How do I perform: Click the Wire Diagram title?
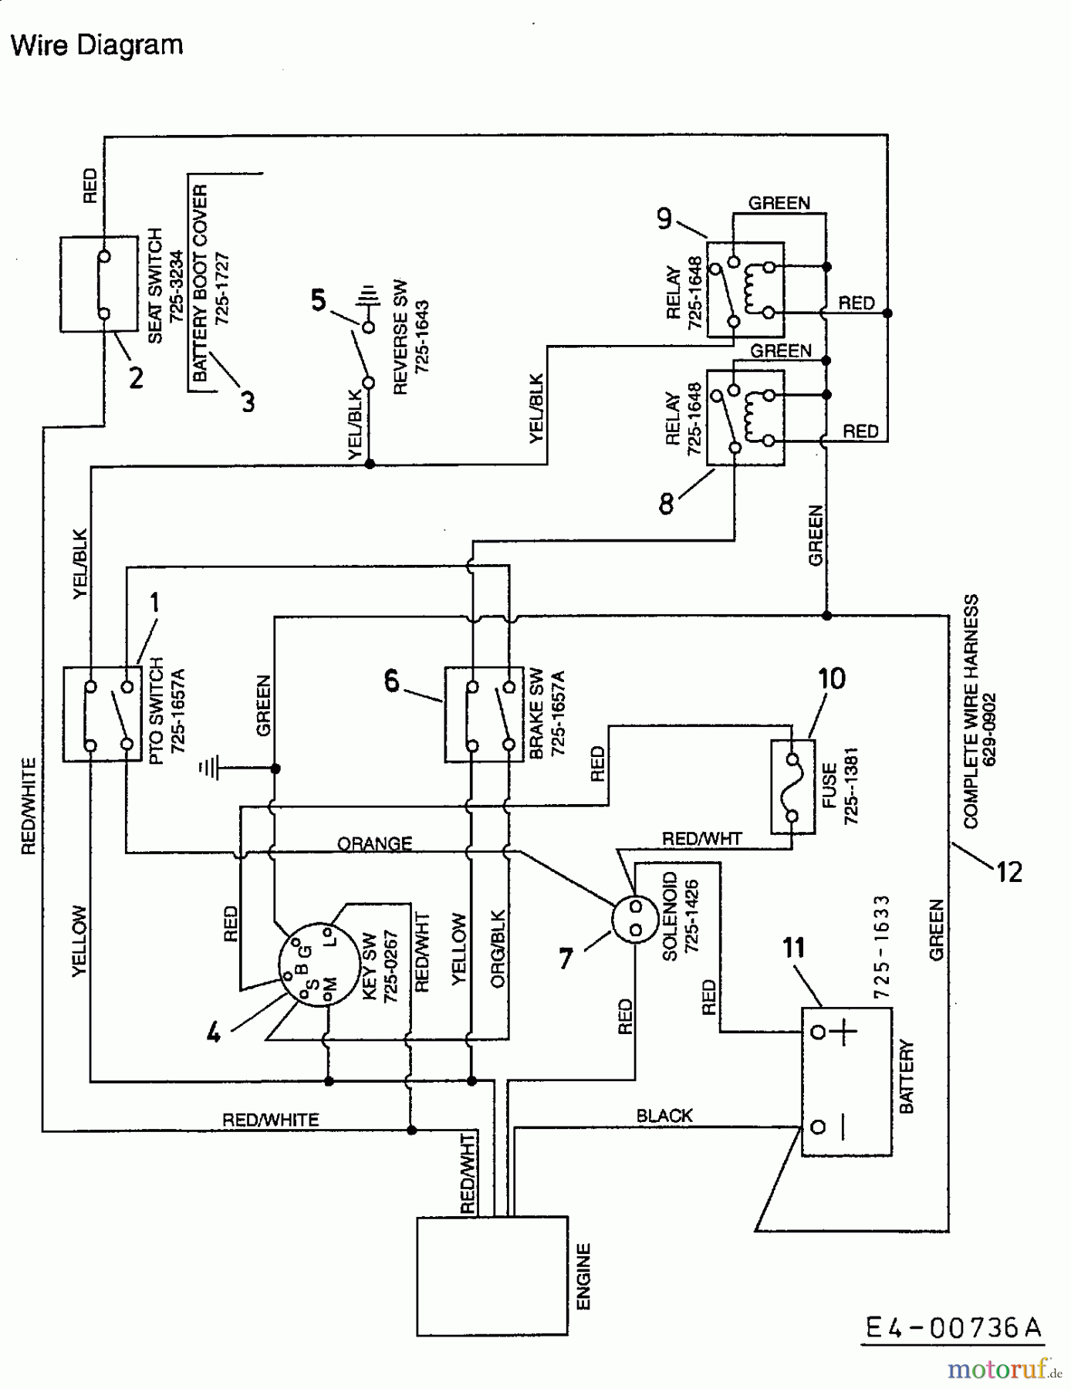pyautogui.click(x=97, y=45)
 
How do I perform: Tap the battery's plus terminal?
pyautogui.click(x=819, y=1032)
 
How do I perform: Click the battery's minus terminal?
pyautogui.click(x=819, y=1127)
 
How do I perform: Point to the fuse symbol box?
pyautogui.click(x=792, y=786)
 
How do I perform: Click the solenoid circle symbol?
pyautogui.click(x=635, y=918)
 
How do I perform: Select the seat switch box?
pyautogui.click(x=98, y=284)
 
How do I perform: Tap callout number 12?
pyautogui.click(x=1008, y=872)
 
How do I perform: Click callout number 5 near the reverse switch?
pyautogui.click(x=319, y=299)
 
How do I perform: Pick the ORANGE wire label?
pyautogui.click(x=375, y=843)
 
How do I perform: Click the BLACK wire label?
pyautogui.click(x=664, y=1115)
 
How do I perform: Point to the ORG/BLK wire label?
pyautogui.click(x=498, y=949)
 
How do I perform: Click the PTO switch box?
pyautogui.click(x=102, y=715)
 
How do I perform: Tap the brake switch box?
pyautogui.click(x=484, y=715)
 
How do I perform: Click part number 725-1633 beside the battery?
pyautogui.click(x=882, y=946)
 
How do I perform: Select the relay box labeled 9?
pyautogui.click(x=745, y=289)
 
